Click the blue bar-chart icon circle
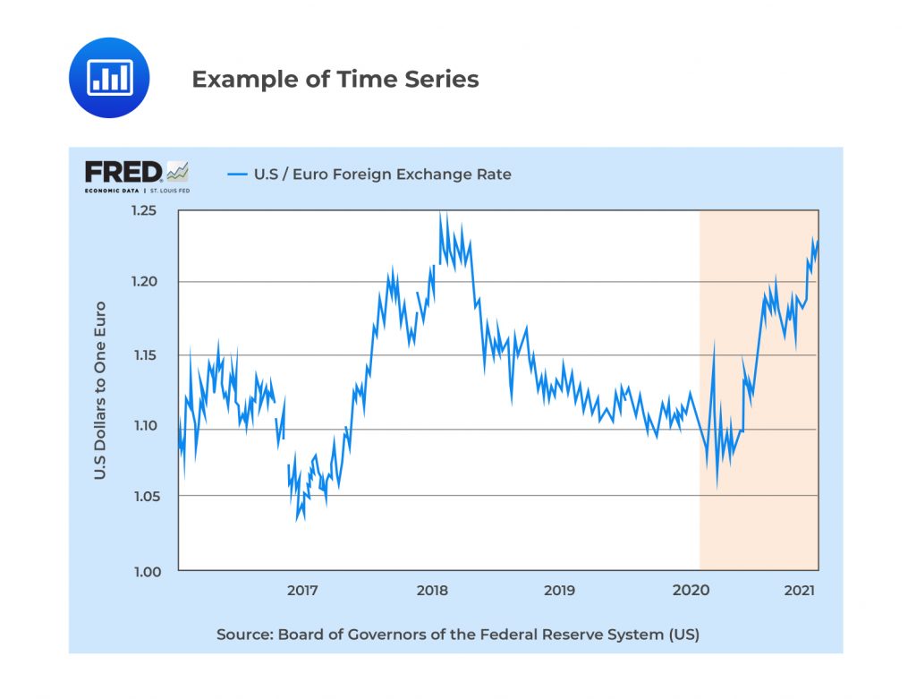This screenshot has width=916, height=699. click(x=109, y=78)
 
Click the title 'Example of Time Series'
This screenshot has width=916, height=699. click(x=335, y=80)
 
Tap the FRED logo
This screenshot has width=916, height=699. click(x=124, y=172)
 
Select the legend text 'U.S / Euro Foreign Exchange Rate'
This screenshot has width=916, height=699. click(x=383, y=174)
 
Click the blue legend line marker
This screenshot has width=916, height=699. click(x=237, y=174)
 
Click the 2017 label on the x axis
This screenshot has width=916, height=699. click(x=302, y=591)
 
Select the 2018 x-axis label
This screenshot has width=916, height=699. click(x=432, y=591)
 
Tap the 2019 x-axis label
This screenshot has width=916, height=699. click(x=559, y=591)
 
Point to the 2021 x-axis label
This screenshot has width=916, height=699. click(x=799, y=591)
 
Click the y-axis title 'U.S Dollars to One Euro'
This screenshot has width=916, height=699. click(x=100, y=390)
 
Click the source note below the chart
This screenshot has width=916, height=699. click(x=457, y=635)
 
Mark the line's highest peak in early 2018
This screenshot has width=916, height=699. click(x=440, y=215)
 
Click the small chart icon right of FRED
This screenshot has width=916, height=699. click(x=177, y=170)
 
